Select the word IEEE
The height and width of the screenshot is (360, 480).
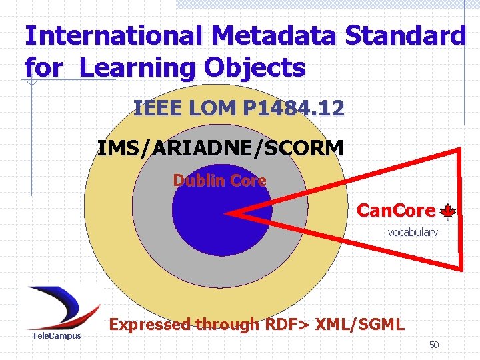[x=157, y=108]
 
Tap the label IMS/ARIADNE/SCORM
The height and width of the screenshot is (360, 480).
[x=220, y=147]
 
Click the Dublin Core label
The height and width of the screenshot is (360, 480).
[x=219, y=181]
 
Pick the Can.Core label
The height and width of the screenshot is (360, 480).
[x=395, y=211]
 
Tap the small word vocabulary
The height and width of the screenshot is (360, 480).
[x=413, y=233]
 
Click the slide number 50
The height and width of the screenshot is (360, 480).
[x=434, y=345]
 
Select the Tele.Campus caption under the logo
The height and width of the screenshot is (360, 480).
[x=57, y=336]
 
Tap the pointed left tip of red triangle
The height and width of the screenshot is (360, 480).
[x=227, y=214]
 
